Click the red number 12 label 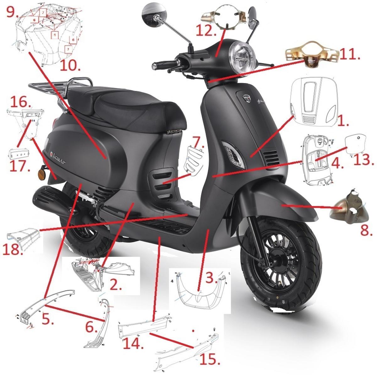[206, 31]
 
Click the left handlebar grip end [155, 66]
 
